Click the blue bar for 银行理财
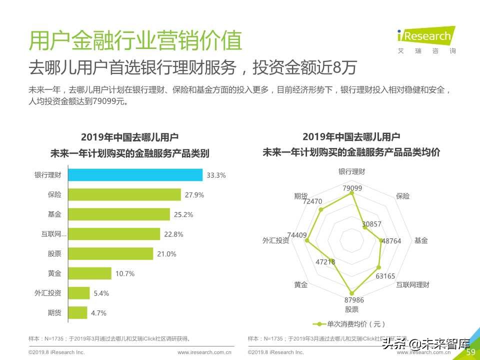click(x=135, y=175)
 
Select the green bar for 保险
click(x=124, y=194)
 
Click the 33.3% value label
click(x=216, y=175)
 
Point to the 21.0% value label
click(x=166, y=254)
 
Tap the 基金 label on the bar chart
click(x=54, y=214)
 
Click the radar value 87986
click(x=354, y=300)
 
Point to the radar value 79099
click(x=352, y=188)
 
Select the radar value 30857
click(x=371, y=224)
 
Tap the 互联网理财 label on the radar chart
click(x=412, y=284)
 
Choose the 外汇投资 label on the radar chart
click(x=275, y=240)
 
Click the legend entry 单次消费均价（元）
click(x=350, y=324)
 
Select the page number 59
click(x=470, y=352)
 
